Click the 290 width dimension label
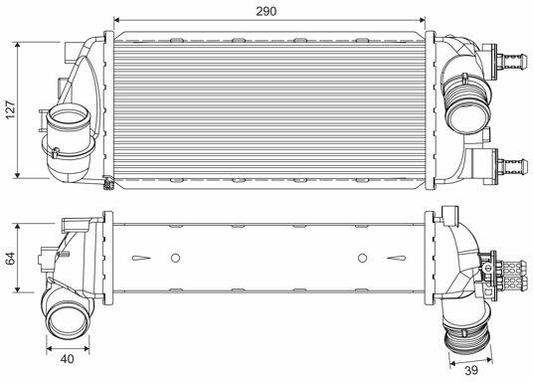coord(266,11)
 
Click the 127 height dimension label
coord(11,109)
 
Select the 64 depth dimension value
coord(10,259)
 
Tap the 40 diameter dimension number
coord(68,358)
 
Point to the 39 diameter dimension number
coord(471,370)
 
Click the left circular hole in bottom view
coord(175,258)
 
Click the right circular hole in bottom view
coord(362,258)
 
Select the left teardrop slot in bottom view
coord(141,259)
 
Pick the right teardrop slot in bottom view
coord(397,259)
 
